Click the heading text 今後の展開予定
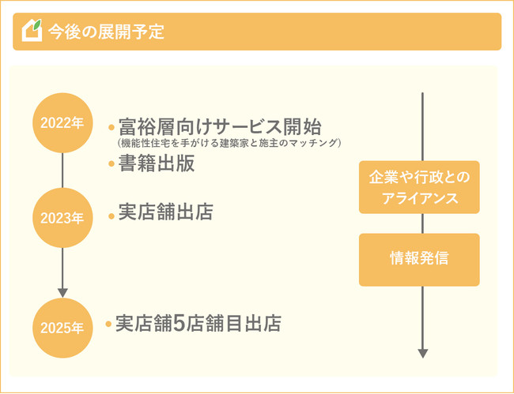point(106,32)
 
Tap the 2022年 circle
point(62,123)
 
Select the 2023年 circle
point(62,218)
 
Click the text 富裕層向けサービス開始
point(220,126)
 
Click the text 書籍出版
point(157,165)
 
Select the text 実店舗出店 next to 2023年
point(165,213)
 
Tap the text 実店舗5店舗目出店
point(198,324)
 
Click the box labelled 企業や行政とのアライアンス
point(419,188)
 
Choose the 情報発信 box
point(419,259)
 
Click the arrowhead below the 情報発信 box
point(423,353)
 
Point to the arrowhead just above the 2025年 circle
point(62,292)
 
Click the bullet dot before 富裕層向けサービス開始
point(111,127)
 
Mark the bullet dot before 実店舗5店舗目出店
point(108,325)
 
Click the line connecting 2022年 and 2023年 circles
point(62,170)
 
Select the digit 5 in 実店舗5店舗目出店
point(179,324)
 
